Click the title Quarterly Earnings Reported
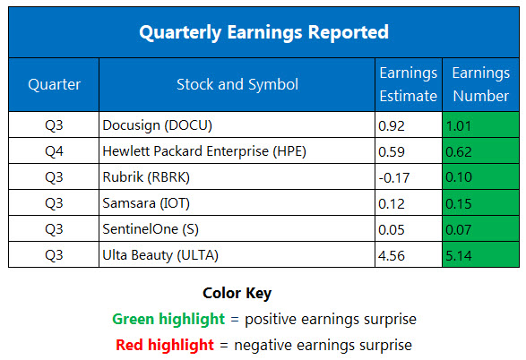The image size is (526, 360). tap(263, 32)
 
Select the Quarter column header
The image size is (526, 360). tap(55, 84)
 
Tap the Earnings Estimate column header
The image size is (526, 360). tap(409, 84)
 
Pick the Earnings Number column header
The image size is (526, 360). tap(480, 84)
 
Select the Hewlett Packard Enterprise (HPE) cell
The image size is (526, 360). tap(205, 151)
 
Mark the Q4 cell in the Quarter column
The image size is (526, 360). tap(55, 151)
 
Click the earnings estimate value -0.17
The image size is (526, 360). tap(395, 177)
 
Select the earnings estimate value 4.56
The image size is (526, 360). tap(393, 254)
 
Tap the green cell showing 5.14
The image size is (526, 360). tap(479, 254)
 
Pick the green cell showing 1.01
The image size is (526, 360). tap(479, 126)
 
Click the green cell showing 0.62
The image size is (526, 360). tap(479, 151)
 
